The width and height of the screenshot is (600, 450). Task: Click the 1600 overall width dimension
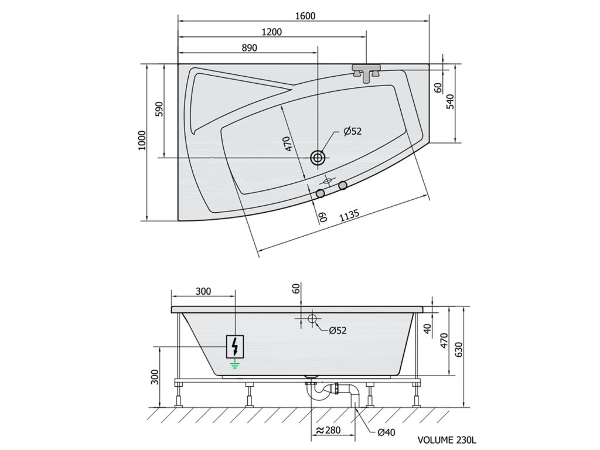(x=305, y=16)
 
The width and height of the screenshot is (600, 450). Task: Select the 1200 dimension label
(x=271, y=32)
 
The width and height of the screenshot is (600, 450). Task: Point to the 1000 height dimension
(x=142, y=141)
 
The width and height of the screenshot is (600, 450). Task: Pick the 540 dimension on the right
(x=451, y=102)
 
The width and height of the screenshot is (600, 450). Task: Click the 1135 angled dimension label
(x=349, y=216)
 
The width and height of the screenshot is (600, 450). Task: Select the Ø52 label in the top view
(x=352, y=131)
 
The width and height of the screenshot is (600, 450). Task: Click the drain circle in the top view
(x=317, y=157)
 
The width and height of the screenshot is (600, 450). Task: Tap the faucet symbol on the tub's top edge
(x=366, y=72)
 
